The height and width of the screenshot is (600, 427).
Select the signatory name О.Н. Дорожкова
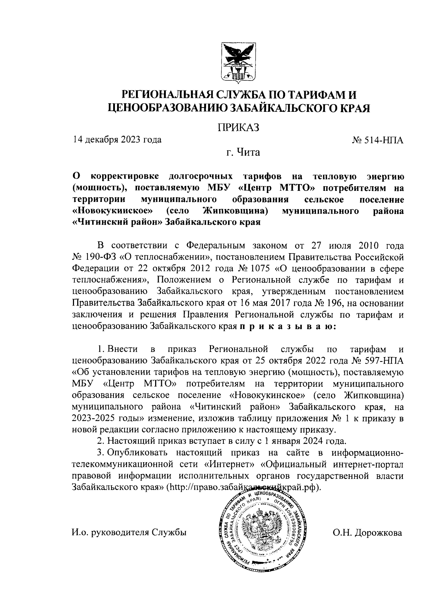(x=368, y=533)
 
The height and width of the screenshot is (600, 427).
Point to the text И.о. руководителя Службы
(x=129, y=533)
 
